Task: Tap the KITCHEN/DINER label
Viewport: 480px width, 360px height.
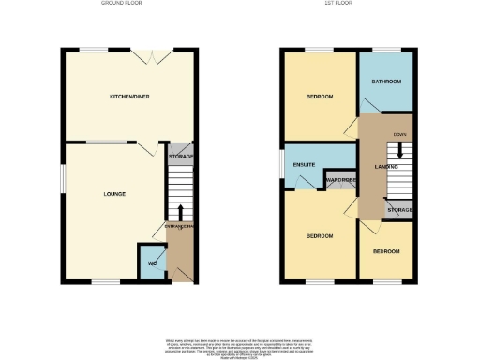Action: (128, 97)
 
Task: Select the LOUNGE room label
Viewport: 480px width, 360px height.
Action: (114, 194)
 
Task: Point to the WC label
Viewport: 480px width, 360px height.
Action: (151, 262)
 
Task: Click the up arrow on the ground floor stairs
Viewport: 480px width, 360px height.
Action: (180, 209)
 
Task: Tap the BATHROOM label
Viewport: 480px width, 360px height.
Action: (386, 82)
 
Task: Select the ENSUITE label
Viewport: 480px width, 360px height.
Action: (304, 166)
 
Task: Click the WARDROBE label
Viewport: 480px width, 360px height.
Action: (339, 179)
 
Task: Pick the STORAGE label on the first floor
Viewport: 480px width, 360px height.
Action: (400, 210)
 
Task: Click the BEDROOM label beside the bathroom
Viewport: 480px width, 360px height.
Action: (319, 97)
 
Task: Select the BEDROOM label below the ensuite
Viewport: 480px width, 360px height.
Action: (319, 236)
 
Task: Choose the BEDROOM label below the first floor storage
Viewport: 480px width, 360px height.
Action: (385, 252)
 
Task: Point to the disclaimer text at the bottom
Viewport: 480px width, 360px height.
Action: (240, 344)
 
